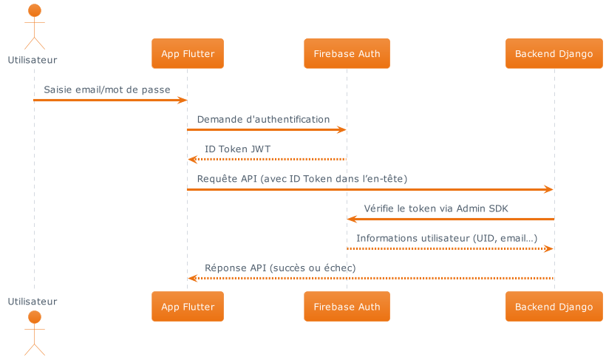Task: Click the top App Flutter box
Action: [188, 54]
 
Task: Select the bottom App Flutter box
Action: [188, 307]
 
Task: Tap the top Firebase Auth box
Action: [347, 54]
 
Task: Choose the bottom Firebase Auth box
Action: [347, 307]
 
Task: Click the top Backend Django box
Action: [554, 54]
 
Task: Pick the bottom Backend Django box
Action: [554, 307]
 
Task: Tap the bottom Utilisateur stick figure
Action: [33, 333]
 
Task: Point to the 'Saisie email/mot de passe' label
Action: [106, 89]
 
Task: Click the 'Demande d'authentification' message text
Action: [263, 119]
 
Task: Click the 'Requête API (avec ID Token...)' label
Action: [302, 179]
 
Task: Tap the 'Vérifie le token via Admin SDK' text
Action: [436, 208]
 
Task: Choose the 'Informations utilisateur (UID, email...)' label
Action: [447, 238]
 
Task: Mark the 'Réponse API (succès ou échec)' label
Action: [280, 268]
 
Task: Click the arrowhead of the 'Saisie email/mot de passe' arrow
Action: [183, 100]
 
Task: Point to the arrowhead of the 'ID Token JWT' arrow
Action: [192, 160]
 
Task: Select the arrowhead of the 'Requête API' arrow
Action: [548, 190]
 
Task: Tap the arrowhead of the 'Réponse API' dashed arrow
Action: [192, 278]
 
